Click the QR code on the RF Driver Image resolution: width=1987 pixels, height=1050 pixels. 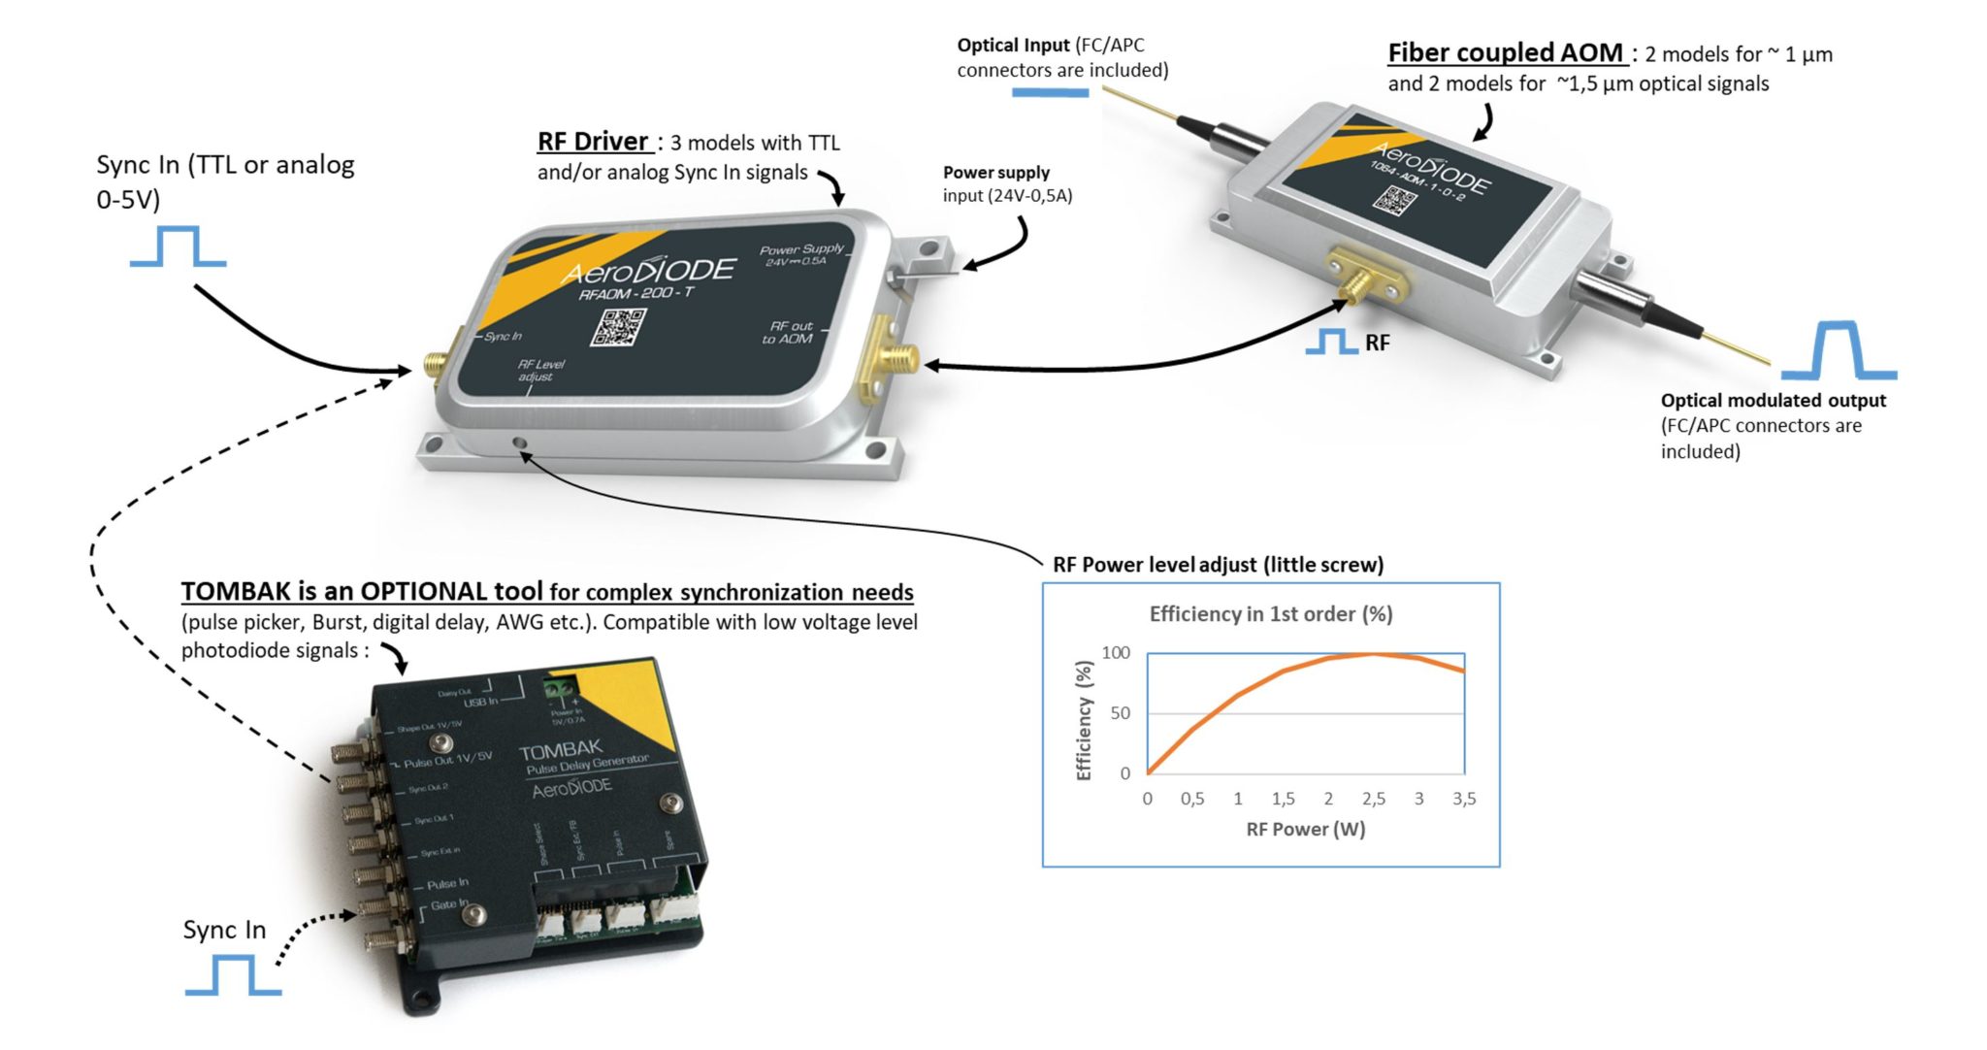(x=618, y=327)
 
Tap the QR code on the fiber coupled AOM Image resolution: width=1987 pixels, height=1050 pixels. (x=1394, y=201)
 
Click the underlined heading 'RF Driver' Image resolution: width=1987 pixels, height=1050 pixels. (x=593, y=142)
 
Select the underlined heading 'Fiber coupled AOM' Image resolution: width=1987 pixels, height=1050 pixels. (x=1505, y=52)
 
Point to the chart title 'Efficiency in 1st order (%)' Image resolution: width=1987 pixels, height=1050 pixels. (x=1270, y=613)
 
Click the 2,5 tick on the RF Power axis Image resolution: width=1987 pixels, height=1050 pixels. (x=1373, y=799)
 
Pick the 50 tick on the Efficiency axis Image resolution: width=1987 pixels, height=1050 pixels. (x=1120, y=713)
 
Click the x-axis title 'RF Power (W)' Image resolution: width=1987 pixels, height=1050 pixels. (x=1305, y=829)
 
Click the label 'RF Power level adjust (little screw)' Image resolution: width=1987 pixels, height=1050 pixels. (x=1218, y=564)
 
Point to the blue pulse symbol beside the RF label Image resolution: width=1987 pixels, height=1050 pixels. (x=1331, y=342)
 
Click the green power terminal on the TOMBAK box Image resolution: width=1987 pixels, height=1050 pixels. (x=560, y=690)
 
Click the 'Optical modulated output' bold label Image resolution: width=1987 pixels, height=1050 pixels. (x=1773, y=400)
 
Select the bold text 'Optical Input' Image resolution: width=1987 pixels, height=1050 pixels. (x=1013, y=45)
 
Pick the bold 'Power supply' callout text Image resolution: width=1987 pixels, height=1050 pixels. (x=995, y=172)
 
